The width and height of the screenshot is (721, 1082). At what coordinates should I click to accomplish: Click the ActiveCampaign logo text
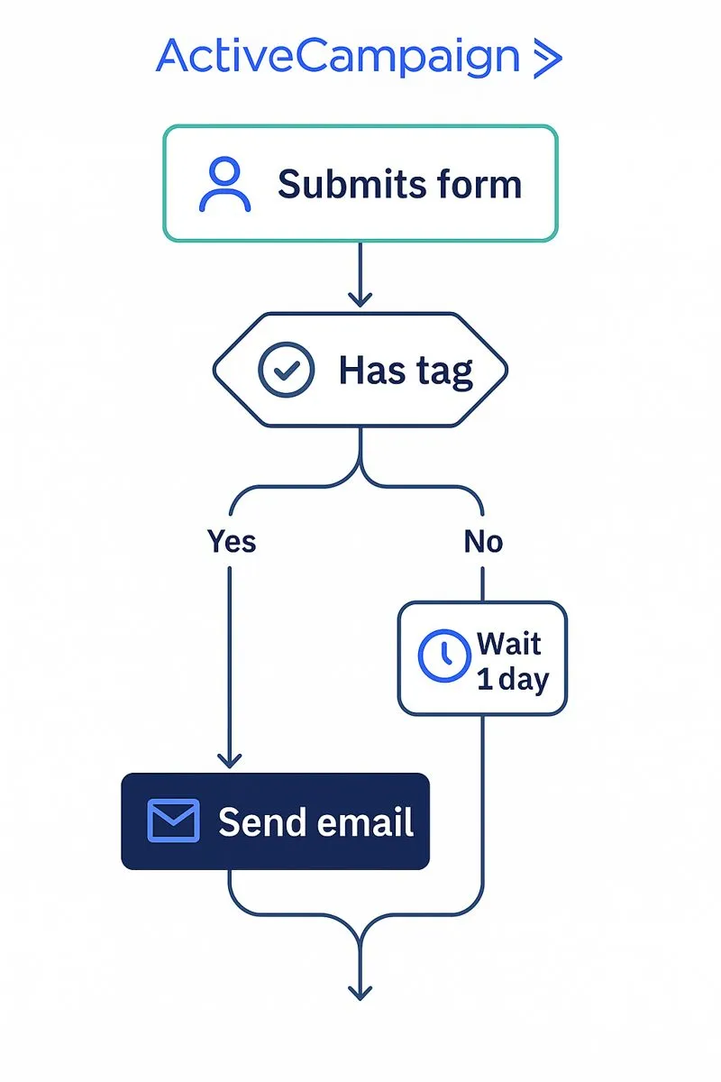click(338, 58)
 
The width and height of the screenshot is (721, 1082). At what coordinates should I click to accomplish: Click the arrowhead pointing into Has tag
click(360, 298)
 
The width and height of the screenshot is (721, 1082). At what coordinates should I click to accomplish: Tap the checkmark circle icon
click(287, 371)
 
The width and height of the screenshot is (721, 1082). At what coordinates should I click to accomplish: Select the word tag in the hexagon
click(443, 372)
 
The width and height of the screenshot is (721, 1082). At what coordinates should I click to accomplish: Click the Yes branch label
click(232, 541)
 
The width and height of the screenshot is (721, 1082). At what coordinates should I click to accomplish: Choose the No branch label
click(483, 541)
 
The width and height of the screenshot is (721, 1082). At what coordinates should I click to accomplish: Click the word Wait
click(509, 644)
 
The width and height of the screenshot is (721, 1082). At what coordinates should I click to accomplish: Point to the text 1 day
click(512, 680)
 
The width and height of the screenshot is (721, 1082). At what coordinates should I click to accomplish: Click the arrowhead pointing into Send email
click(230, 759)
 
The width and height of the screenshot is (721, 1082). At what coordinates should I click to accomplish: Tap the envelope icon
click(172, 821)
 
